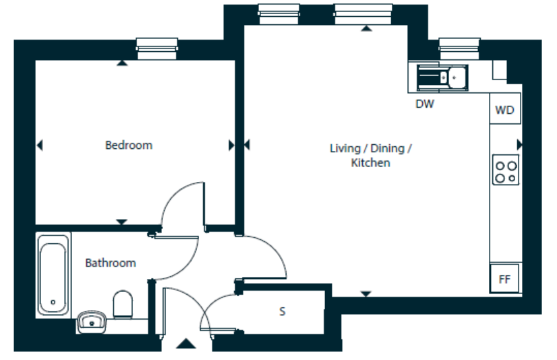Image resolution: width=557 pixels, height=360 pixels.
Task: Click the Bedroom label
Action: click(x=129, y=145)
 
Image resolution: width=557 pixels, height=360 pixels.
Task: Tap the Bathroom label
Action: click(x=111, y=263)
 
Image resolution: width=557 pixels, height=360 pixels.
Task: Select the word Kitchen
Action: click(x=370, y=162)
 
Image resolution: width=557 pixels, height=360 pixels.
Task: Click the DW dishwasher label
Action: click(x=425, y=104)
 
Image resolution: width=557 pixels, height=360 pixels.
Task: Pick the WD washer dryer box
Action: click(x=505, y=109)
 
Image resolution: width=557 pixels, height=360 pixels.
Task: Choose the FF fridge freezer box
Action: click(x=504, y=278)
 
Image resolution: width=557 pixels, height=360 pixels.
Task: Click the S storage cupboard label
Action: click(x=283, y=311)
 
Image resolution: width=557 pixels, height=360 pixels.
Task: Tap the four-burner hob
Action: click(x=506, y=170)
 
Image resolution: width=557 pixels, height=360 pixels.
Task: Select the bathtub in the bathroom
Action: click(x=53, y=275)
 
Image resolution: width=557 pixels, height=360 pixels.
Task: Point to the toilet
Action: click(x=123, y=304)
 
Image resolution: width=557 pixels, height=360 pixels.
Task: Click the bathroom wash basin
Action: click(x=92, y=322)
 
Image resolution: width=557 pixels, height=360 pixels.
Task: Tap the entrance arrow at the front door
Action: click(x=186, y=344)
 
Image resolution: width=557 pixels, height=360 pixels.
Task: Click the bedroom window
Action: click(x=156, y=49)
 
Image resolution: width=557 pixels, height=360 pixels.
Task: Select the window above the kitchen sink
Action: click(x=459, y=49)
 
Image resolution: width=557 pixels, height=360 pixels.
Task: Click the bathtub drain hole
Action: click(x=53, y=302)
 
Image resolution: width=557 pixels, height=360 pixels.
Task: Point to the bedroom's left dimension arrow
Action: click(x=40, y=145)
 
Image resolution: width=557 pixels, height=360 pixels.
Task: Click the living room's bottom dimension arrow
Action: click(x=366, y=294)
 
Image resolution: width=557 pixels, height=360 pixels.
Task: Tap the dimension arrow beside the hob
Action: click(x=519, y=144)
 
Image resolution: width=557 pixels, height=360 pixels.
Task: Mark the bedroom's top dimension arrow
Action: click(x=122, y=63)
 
